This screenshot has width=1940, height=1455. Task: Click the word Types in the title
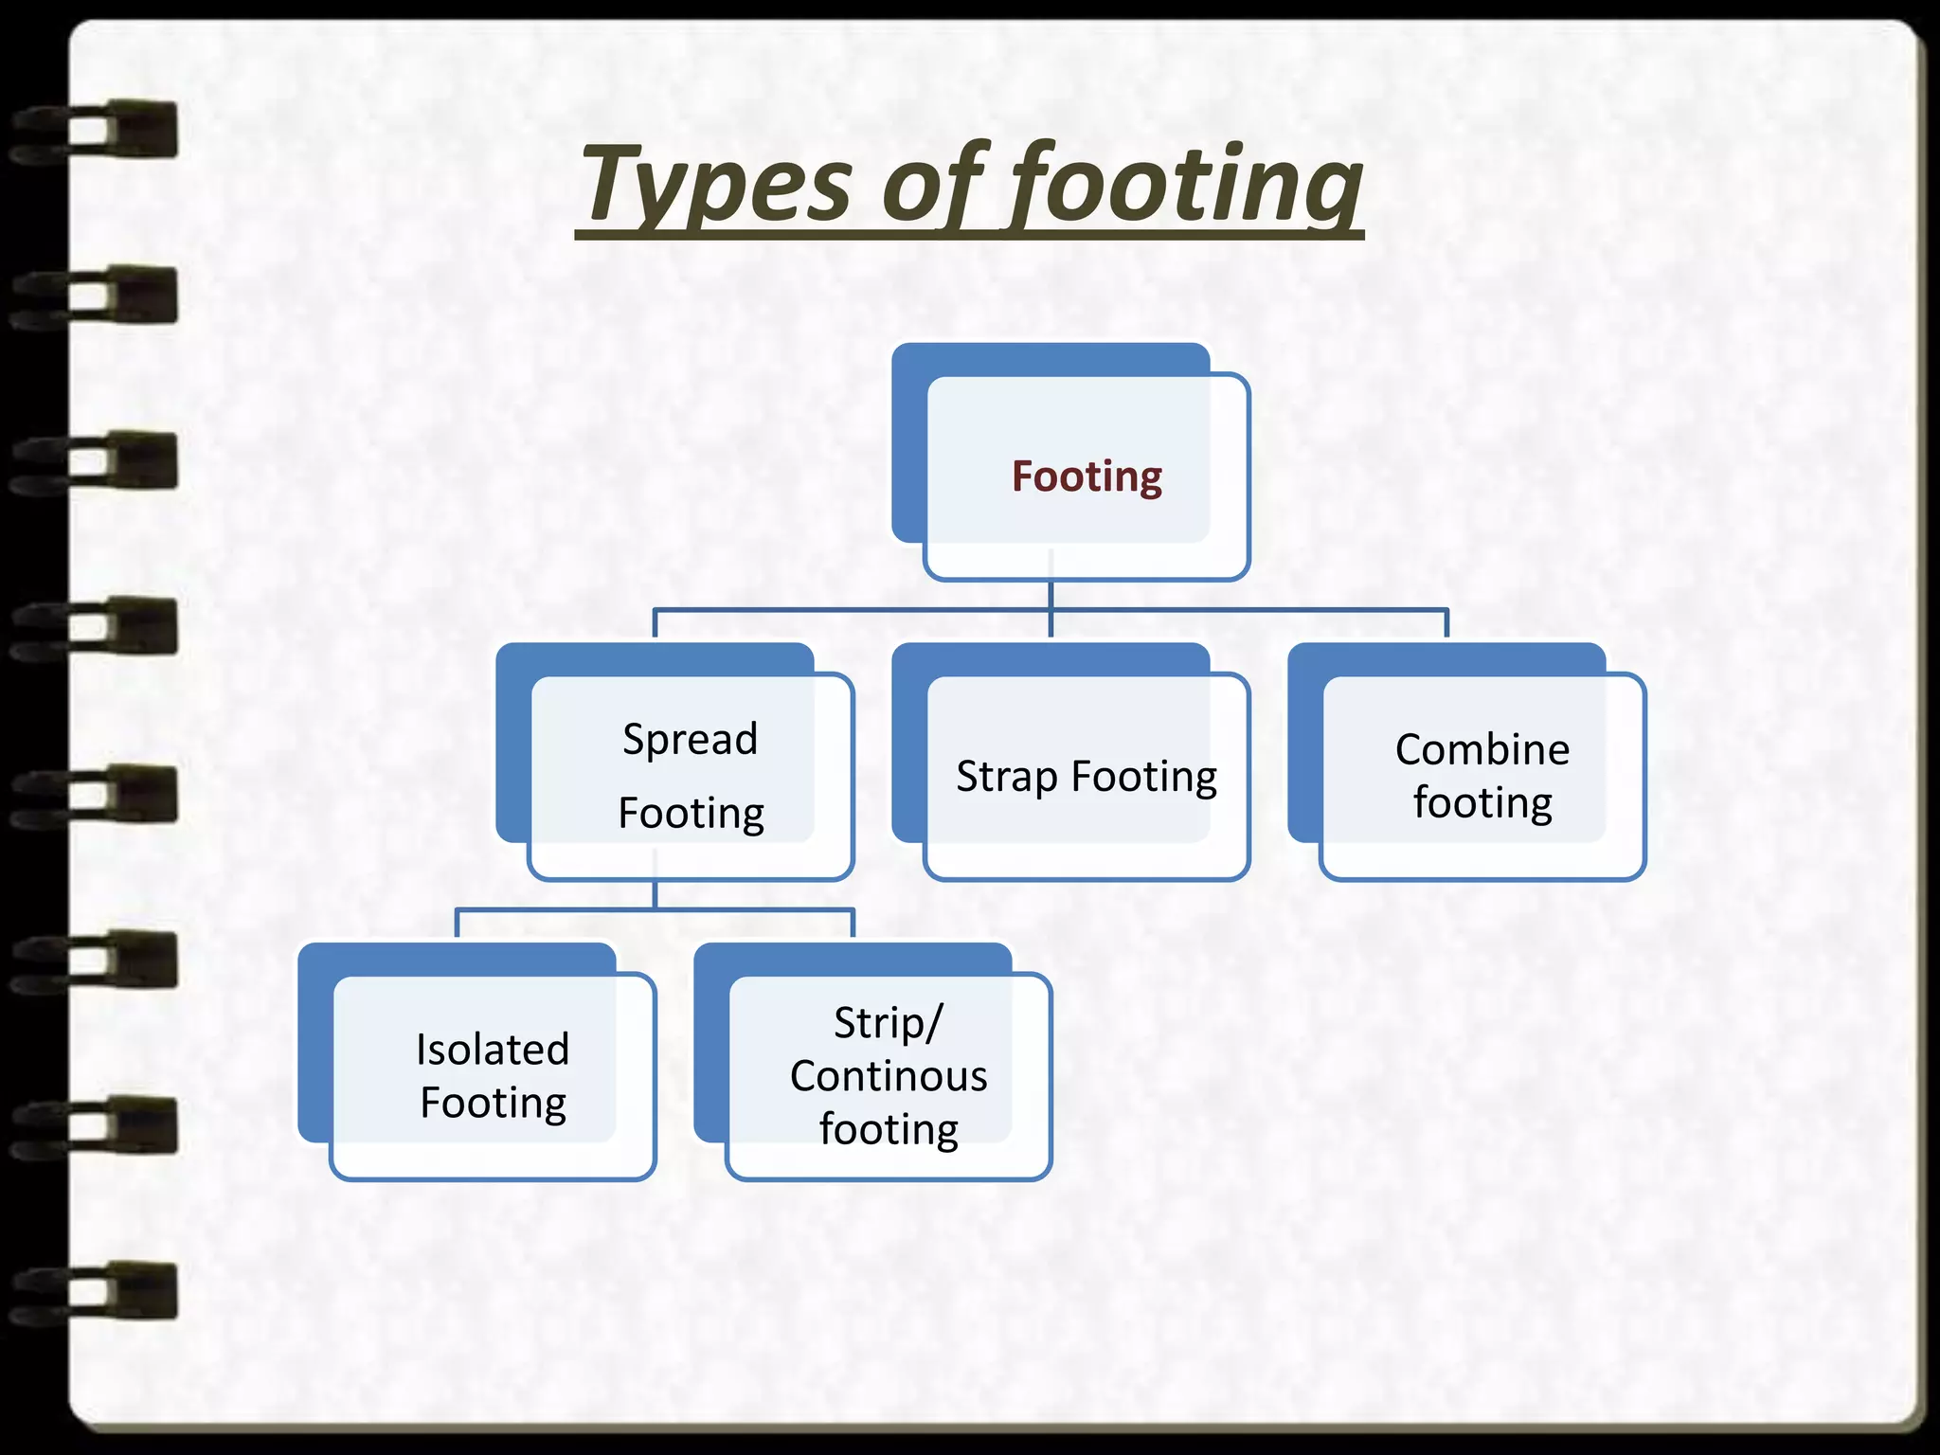click(x=716, y=185)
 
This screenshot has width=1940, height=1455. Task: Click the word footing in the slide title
click(x=1184, y=185)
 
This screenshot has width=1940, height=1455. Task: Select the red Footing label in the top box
click(x=1087, y=476)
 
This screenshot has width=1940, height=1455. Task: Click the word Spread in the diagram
click(x=690, y=739)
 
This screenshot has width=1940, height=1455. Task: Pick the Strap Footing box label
click(x=1087, y=777)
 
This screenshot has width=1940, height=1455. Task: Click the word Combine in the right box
click(x=1482, y=749)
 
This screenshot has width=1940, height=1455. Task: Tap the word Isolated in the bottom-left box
click(x=493, y=1050)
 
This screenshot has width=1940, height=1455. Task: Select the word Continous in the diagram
click(x=889, y=1076)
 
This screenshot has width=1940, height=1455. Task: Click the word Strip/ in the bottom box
click(x=889, y=1023)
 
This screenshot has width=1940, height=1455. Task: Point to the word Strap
click(x=1007, y=777)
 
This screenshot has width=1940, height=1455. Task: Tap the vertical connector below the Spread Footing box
click(x=656, y=895)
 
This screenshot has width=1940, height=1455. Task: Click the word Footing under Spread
click(x=692, y=813)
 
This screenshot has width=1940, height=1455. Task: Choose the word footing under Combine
click(x=1482, y=802)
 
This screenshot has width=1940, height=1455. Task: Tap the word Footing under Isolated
click(x=493, y=1103)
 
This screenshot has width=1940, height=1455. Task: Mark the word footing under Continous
click(x=889, y=1129)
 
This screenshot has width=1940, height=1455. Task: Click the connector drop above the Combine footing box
click(x=1446, y=623)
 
